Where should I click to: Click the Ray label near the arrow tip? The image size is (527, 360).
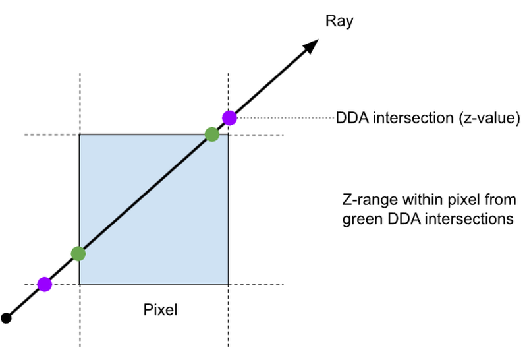[x=339, y=21]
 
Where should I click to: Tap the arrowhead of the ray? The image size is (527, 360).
[x=311, y=46]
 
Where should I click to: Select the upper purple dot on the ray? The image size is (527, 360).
[x=229, y=118]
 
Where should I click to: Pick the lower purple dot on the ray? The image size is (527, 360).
[x=44, y=284]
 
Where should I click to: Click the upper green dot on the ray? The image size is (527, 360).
[x=211, y=135]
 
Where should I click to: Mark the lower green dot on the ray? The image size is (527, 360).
[x=78, y=253]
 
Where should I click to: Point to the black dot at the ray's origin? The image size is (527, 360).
[x=7, y=318]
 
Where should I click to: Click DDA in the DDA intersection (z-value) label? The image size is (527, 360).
[x=348, y=119]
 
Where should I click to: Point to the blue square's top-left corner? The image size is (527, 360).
[x=80, y=135]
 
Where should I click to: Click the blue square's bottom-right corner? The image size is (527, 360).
[x=229, y=284]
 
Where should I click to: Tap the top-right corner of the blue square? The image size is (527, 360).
[x=229, y=135]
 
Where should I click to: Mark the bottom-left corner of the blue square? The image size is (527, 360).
[x=80, y=284]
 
